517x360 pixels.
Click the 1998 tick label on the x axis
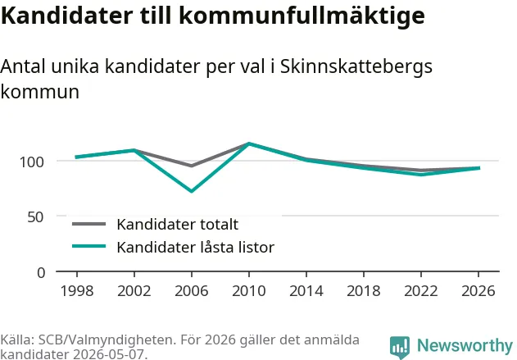pyautogui.click(x=77, y=291)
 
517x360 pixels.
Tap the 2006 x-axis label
pyautogui.click(x=192, y=291)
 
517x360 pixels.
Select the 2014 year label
pyautogui.click(x=306, y=291)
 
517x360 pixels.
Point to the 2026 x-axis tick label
pyautogui.click(x=478, y=291)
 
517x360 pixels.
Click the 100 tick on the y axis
pyautogui.click(x=32, y=162)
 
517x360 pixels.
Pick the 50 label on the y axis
pyautogui.click(x=35, y=217)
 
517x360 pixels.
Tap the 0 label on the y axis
pyautogui.click(x=41, y=273)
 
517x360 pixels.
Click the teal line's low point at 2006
pyautogui.click(x=192, y=191)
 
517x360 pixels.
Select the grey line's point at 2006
pyautogui.click(x=192, y=166)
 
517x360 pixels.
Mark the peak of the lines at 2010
pyautogui.click(x=249, y=144)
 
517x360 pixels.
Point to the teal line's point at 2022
pyautogui.click(x=421, y=174)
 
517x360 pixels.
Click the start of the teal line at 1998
pyautogui.click(x=76, y=157)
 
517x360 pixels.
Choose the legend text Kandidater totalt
pyautogui.click(x=178, y=225)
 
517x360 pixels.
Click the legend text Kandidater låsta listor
pyautogui.click(x=196, y=247)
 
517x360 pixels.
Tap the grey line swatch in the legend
pyautogui.click(x=89, y=224)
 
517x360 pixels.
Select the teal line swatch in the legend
pyautogui.click(x=89, y=246)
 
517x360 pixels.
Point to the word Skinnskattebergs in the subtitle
pyautogui.click(x=356, y=67)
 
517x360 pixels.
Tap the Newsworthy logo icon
pyautogui.click(x=400, y=348)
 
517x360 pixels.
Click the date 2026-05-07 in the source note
pyautogui.click(x=108, y=354)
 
